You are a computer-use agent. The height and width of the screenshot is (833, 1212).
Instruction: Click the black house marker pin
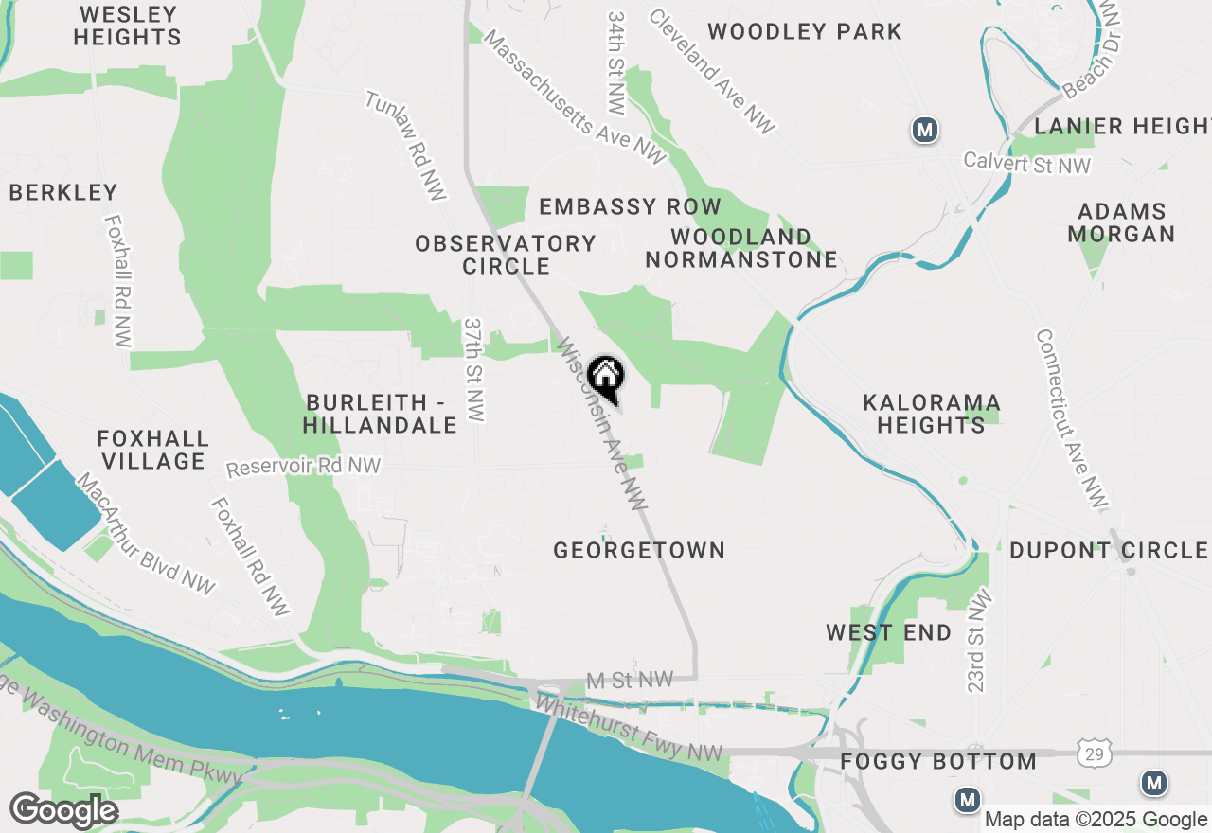coord(606,378)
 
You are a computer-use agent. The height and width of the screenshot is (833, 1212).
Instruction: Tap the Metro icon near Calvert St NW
coord(925,130)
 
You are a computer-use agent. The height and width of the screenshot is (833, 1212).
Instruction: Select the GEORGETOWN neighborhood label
coord(639,550)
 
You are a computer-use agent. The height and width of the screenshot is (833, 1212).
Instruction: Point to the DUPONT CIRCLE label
coord(1108,550)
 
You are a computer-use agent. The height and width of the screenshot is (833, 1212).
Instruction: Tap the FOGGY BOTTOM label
coord(938,761)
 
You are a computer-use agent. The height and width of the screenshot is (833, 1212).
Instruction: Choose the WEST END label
coord(888,632)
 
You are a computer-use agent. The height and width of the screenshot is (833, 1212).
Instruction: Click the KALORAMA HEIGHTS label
coord(931,414)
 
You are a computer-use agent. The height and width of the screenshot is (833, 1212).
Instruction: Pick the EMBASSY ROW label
coord(630,206)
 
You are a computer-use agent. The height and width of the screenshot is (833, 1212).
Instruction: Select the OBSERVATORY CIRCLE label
coord(506,255)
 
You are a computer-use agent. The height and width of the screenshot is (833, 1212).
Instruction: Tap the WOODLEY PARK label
coord(805,31)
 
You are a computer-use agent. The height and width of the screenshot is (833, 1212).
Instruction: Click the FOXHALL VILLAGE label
coord(152,450)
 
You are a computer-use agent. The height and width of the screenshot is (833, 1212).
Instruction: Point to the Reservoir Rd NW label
coord(303,467)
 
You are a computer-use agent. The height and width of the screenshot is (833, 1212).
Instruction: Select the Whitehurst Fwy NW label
coord(628,729)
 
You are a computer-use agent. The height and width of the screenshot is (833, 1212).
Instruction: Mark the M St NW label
coord(630,680)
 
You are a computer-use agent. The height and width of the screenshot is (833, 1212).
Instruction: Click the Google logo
coord(63,811)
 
